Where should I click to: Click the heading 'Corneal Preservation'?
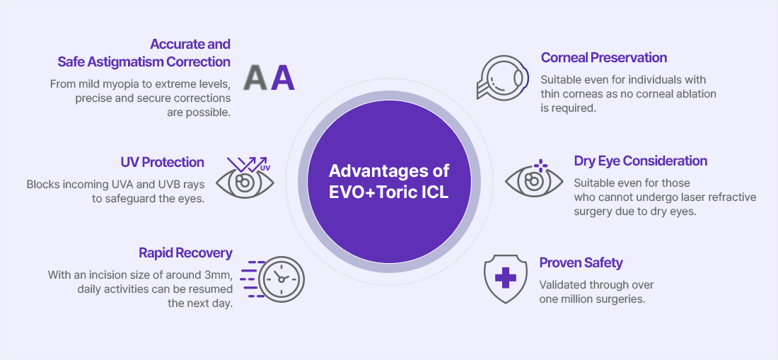[604, 58]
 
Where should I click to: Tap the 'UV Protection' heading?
[162, 162]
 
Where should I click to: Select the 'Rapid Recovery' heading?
[185, 253]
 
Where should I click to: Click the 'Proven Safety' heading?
[581, 263]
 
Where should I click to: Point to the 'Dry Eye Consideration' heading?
[641, 161]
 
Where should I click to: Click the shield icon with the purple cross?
[506, 278]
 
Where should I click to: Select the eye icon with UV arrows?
[245, 178]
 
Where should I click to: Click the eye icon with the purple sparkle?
[534, 178]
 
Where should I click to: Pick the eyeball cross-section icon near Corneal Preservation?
[502, 78]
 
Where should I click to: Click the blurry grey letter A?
[257, 79]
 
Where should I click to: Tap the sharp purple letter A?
[283, 79]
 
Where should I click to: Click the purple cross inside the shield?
[506, 277]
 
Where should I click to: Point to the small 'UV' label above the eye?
[265, 168]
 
